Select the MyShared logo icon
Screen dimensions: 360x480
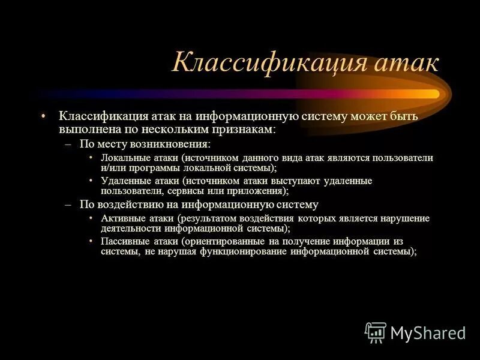tap(376, 332)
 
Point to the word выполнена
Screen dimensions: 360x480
tap(86, 128)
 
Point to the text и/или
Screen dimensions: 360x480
tap(112, 168)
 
